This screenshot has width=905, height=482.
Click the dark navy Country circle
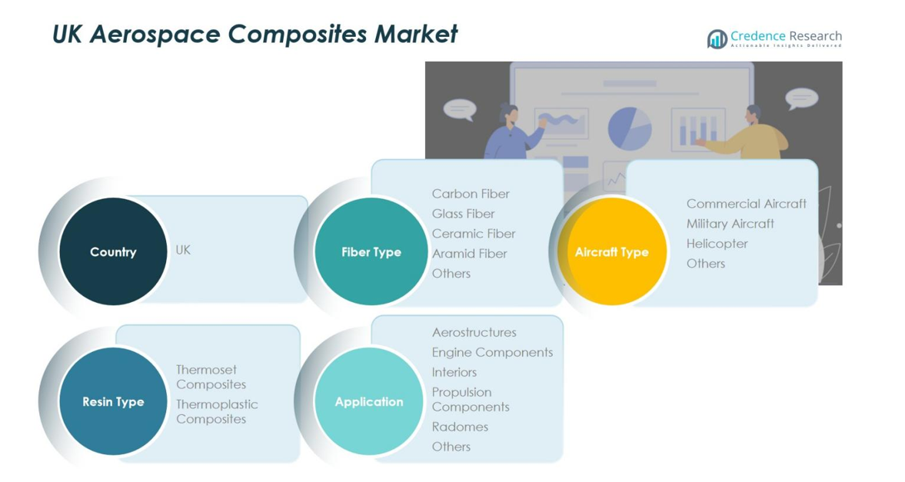pos(113,251)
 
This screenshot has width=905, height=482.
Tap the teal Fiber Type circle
pos(371,251)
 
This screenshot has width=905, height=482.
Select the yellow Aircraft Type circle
pos(612,251)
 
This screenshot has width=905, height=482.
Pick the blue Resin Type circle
pos(113,401)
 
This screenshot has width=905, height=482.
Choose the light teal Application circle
pos(369,401)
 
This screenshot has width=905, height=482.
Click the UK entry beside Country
pos(183,250)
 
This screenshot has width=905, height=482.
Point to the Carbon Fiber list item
pos(471,194)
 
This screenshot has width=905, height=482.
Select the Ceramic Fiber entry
pos(474,234)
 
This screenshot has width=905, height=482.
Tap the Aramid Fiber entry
pos(469,254)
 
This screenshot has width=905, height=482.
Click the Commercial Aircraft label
pos(746,204)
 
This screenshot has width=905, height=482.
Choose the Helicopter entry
pos(717,244)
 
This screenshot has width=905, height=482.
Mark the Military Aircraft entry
pos(730,224)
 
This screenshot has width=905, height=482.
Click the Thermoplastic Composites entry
pos(217,411)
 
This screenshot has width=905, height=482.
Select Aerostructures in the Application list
pos(474,332)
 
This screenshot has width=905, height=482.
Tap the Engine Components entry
pos(492,352)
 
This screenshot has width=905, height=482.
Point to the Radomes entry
pos(460,427)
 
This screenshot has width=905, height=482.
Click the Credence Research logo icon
pos(717,38)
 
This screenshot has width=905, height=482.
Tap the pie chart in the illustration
pos(630,128)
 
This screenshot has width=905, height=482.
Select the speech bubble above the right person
pos(801,98)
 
